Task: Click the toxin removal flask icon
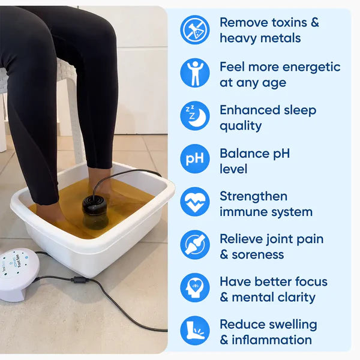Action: click(x=195, y=30)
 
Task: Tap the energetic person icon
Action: click(x=195, y=73)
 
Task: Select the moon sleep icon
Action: click(x=195, y=116)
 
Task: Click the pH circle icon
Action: click(x=195, y=159)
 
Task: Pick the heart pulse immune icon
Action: click(x=195, y=202)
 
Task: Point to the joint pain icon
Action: click(x=195, y=245)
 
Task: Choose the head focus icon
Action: click(x=195, y=288)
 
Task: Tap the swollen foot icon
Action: click(x=195, y=331)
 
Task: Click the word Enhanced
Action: click(x=249, y=110)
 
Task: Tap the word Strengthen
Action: click(x=253, y=196)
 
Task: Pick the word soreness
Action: click(x=261, y=254)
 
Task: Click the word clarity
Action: click(x=294, y=297)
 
